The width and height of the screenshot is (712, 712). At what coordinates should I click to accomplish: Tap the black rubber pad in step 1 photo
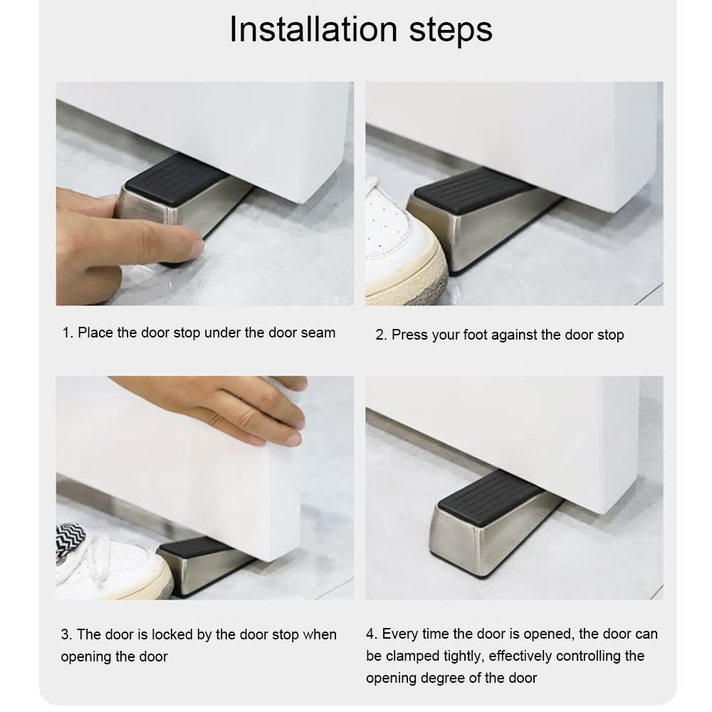click(175, 179)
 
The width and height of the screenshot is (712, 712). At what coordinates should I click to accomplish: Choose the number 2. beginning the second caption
click(381, 335)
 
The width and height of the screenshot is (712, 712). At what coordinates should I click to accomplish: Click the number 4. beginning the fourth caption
click(372, 634)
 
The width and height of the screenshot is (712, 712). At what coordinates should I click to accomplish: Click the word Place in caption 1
click(95, 333)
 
